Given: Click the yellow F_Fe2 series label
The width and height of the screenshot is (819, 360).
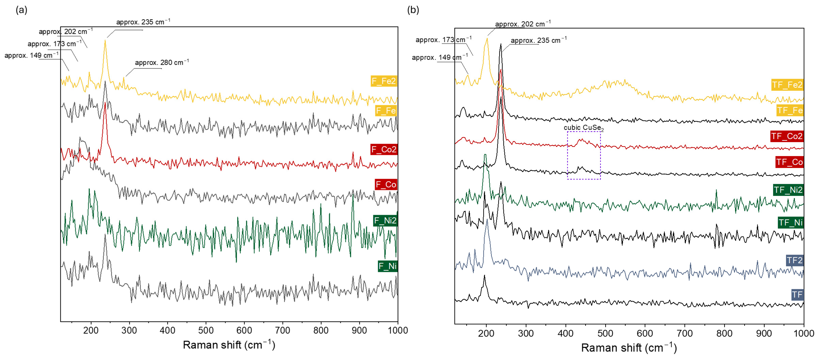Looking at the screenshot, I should click(x=384, y=81).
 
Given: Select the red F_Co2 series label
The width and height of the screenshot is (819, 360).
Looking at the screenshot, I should click(x=384, y=149).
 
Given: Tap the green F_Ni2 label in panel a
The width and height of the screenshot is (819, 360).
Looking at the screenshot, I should click(x=385, y=220).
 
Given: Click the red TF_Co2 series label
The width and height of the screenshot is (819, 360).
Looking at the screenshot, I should click(x=787, y=136).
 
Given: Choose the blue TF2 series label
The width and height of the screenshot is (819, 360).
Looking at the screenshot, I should click(x=794, y=260).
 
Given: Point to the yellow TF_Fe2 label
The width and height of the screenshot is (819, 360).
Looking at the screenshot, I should click(x=787, y=85).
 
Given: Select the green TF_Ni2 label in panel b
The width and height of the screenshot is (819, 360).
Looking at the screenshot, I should click(x=788, y=190).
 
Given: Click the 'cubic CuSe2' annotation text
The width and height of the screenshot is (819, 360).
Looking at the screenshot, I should click(x=583, y=128).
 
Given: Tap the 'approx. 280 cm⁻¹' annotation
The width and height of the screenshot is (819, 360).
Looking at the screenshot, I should click(x=162, y=62).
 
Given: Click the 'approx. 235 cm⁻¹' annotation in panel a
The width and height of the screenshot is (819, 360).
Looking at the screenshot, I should click(x=143, y=22).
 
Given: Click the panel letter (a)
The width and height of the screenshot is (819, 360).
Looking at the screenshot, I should click(x=21, y=10).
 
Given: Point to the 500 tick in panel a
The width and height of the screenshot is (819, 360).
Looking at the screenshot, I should click(x=206, y=330).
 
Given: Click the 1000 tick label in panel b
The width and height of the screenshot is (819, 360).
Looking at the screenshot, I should click(x=803, y=333).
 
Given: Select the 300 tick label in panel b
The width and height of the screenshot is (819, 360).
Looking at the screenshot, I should click(x=526, y=333).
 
